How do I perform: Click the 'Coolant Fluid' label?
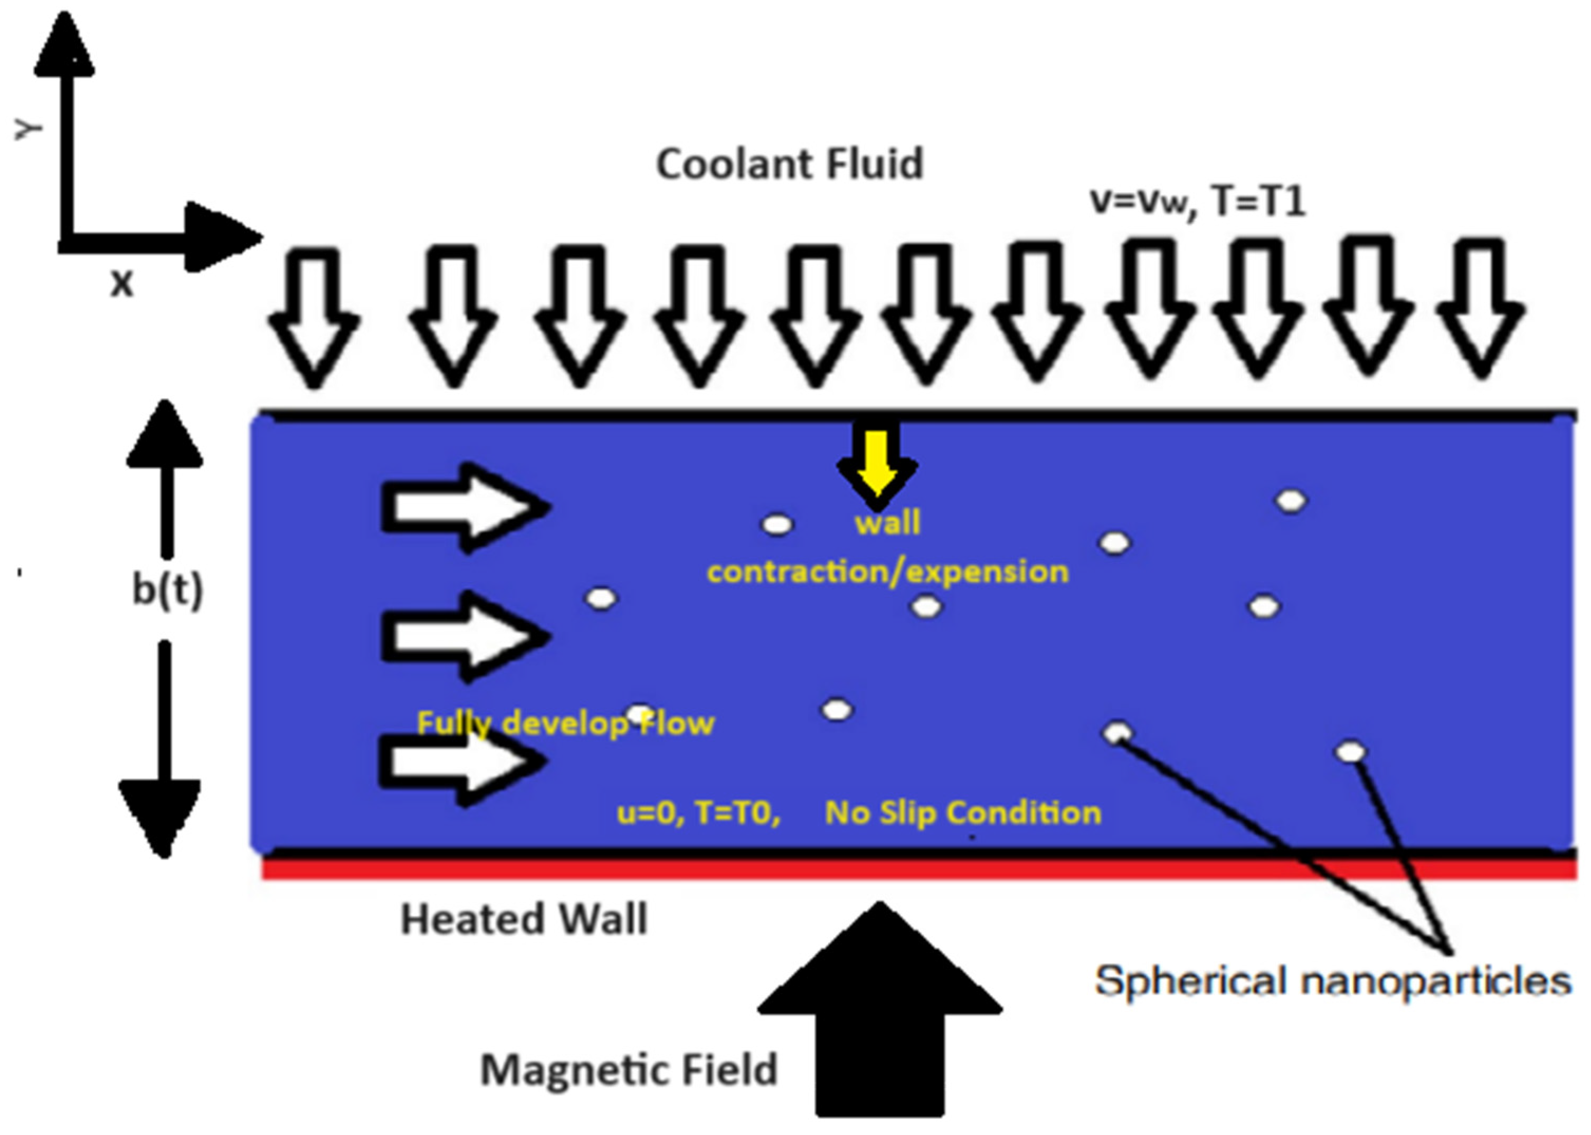click(x=789, y=164)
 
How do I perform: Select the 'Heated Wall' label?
click(x=524, y=919)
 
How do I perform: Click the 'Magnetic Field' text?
click(x=629, y=1069)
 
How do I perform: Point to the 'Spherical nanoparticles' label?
click(x=1332, y=980)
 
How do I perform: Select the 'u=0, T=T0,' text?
click(x=698, y=813)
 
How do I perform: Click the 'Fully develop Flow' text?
click(x=565, y=723)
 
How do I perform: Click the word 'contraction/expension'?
click(x=888, y=571)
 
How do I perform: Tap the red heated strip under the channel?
click(x=909, y=869)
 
